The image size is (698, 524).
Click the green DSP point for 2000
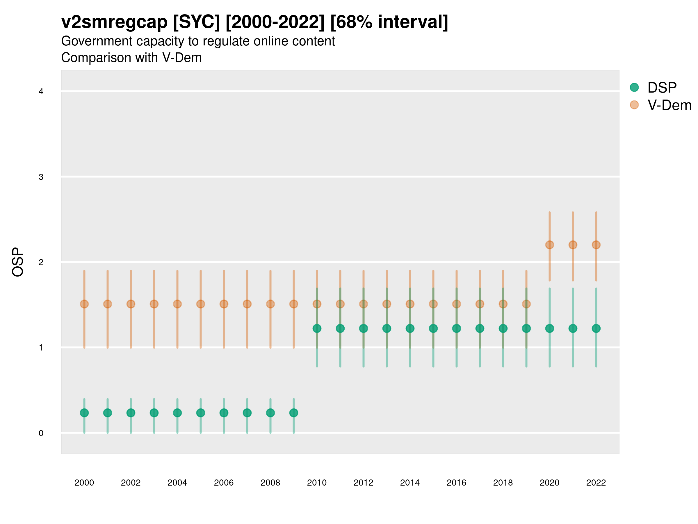(84, 413)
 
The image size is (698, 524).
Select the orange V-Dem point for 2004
(177, 304)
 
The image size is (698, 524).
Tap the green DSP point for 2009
(293, 413)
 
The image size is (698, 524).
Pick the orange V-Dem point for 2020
(549, 245)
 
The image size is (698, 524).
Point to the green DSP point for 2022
(596, 328)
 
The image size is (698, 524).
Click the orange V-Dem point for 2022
(596, 245)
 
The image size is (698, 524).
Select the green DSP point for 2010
(317, 328)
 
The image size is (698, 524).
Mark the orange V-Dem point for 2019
(526, 304)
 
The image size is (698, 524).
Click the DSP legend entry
(661, 88)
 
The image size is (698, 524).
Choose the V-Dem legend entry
(669, 105)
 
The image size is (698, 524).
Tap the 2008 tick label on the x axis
(270, 483)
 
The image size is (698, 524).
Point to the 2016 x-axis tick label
(456, 483)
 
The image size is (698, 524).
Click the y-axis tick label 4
(41, 92)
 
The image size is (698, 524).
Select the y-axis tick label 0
(41, 433)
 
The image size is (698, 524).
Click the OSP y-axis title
(18, 262)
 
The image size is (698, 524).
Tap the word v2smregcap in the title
(114, 22)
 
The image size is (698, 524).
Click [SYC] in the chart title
(196, 22)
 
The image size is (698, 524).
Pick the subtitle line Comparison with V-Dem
(131, 58)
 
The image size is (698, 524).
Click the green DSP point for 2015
(433, 328)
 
